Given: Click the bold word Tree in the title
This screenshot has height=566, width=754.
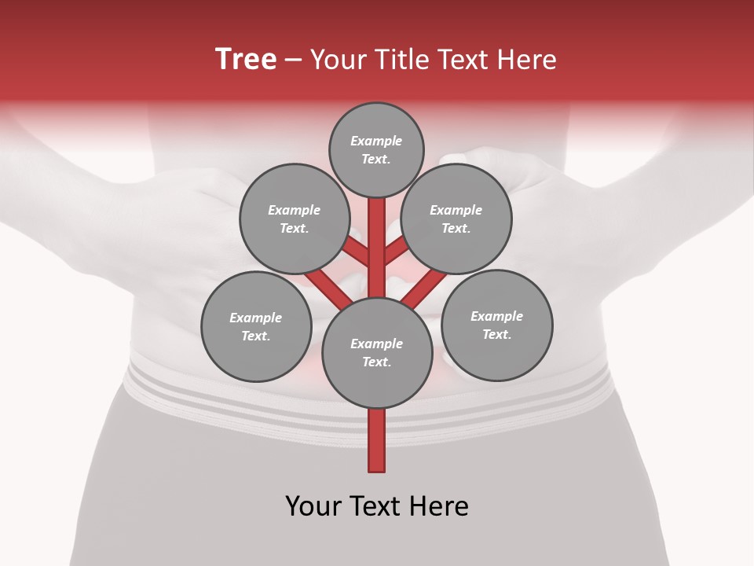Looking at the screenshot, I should (246, 60).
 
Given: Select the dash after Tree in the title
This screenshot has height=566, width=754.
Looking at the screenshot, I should (294, 60).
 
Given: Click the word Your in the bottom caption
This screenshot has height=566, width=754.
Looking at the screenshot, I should (313, 505).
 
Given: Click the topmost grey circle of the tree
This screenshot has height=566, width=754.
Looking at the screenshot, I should (376, 149).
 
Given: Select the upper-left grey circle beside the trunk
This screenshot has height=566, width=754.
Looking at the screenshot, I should (294, 219).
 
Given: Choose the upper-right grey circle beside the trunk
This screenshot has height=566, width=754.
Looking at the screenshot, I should (456, 219).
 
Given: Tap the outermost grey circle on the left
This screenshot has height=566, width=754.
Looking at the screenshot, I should (256, 326).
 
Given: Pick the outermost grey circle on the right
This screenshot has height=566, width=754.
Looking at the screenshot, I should (497, 325).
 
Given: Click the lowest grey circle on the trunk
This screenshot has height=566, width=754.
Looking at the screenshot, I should (377, 353).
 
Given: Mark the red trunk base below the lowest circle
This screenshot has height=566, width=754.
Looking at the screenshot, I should (377, 440).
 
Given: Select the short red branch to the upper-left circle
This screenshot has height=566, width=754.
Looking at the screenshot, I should (357, 252).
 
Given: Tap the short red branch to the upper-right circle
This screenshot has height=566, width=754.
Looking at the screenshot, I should (396, 252).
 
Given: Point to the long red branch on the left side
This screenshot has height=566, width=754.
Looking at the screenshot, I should (327, 287).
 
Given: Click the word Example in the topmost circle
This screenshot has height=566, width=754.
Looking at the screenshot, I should (376, 141).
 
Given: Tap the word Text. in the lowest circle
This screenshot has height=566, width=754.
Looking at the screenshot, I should (376, 362).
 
